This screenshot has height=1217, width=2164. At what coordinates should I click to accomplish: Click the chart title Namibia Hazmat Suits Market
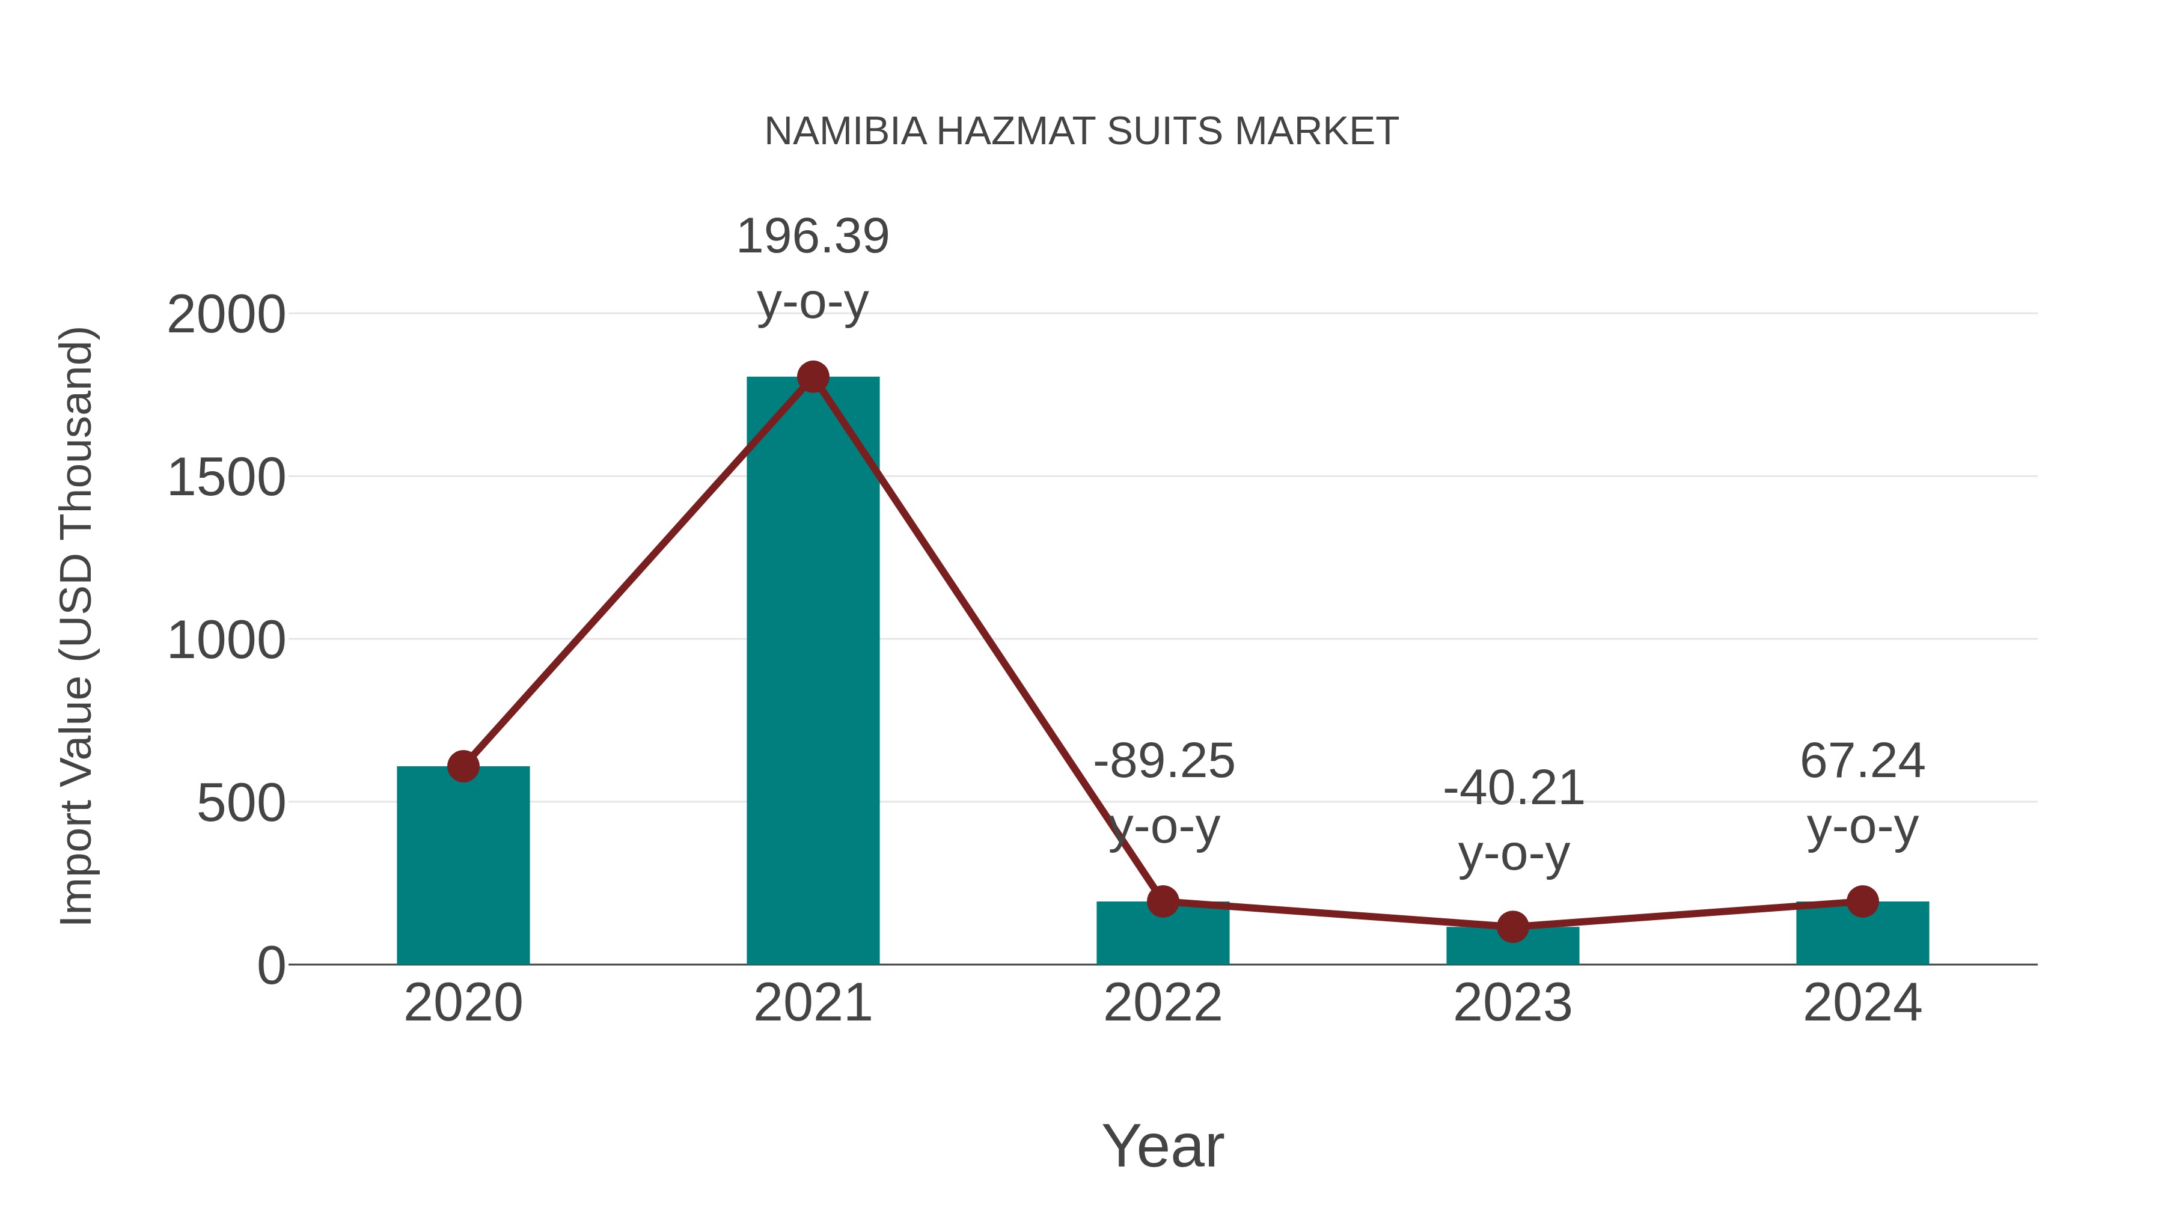[1081, 132]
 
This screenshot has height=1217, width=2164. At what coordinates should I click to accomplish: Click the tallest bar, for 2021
[812, 672]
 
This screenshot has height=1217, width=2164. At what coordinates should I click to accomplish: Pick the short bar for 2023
[1512, 947]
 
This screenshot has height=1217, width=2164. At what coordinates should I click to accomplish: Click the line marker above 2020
[463, 766]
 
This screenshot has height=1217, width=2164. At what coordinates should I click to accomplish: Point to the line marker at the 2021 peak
[812, 377]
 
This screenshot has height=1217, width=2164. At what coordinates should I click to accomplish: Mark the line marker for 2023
[1512, 927]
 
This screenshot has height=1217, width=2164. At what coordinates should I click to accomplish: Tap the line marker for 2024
[1862, 901]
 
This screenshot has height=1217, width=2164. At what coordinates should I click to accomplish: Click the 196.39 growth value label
[812, 236]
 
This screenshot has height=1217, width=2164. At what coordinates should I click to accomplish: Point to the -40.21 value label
[1513, 788]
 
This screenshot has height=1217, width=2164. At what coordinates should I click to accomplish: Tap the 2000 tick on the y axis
[226, 316]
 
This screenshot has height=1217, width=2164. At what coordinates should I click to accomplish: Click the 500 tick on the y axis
[241, 804]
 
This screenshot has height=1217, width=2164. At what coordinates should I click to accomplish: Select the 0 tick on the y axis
[271, 966]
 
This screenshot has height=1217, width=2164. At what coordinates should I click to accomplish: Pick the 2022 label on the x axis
[1163, 1003]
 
